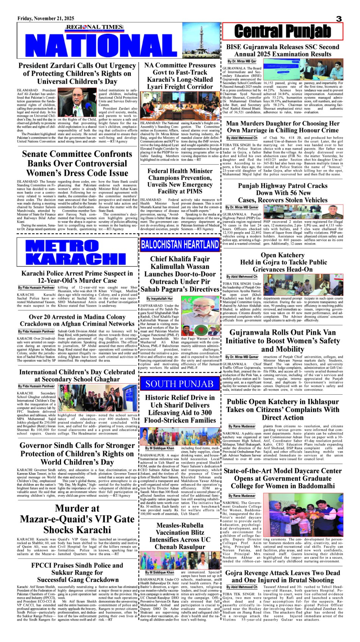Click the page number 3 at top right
(x=339, y=19)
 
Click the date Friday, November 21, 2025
(x=46, y=19)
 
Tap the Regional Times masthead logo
(x=95, y=27)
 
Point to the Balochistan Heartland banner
(x=180, y=245)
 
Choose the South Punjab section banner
(x=180, y=384)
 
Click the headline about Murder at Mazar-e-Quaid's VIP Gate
(x=77, y=519)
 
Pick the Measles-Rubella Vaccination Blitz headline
(x=180, y=536)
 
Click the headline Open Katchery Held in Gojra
(x=283, y=262)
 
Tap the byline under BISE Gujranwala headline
(x=242, y=61)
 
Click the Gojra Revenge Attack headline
(x=283, y=576)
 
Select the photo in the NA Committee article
(x=180, y=106)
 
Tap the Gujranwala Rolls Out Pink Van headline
(x=283, y=341)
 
